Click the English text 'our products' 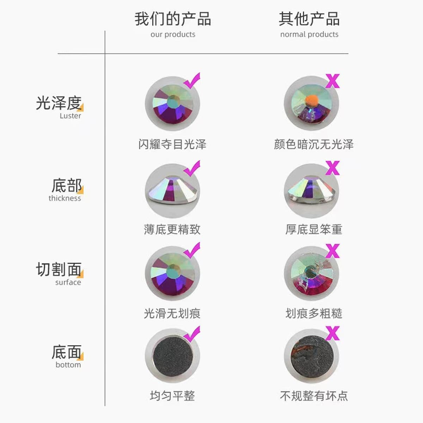173,35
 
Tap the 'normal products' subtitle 309,35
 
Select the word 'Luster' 70,116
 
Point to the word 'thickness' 65,198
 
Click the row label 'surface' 68,282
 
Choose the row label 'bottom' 68,365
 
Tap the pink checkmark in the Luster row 192,81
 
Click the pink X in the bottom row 332,333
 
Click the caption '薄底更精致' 172,229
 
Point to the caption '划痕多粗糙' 314,313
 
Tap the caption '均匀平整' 172,396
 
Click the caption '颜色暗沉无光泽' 314,144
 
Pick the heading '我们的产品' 173,19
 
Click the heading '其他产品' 309,19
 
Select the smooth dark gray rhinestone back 173,356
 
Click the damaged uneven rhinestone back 312,356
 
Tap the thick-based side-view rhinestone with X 312,191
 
